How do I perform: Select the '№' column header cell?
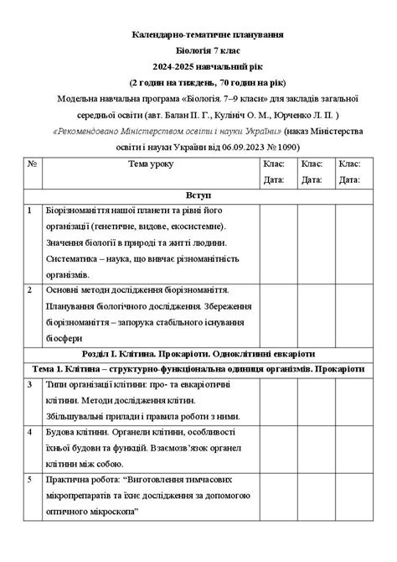(32, 164)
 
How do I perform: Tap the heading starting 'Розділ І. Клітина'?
(199, 352)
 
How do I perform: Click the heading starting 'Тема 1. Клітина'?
(199, 368)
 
